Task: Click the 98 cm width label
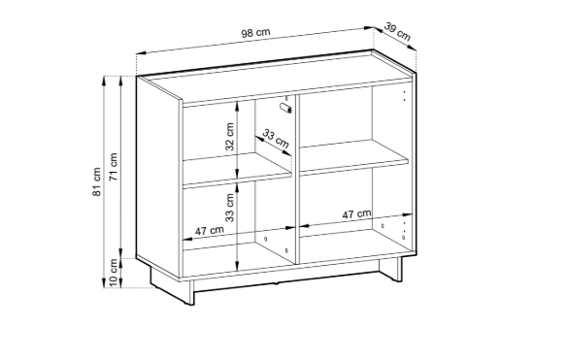click(255, 33)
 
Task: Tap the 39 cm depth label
click(397, 31)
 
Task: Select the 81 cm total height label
click(96, 181)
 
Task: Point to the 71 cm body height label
click(114, 167)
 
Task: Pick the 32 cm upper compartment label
click(229, 136)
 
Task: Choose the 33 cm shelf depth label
click(276, 139)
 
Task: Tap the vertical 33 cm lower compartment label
click(229, 208)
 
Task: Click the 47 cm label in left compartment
click(210, 230)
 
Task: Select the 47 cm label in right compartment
click(356, 214)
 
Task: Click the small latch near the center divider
click(285, 108)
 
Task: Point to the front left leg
click(191, 292)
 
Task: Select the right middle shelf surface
click(354, 156)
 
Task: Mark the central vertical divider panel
click(297, 180)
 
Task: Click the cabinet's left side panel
click(158, 177)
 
